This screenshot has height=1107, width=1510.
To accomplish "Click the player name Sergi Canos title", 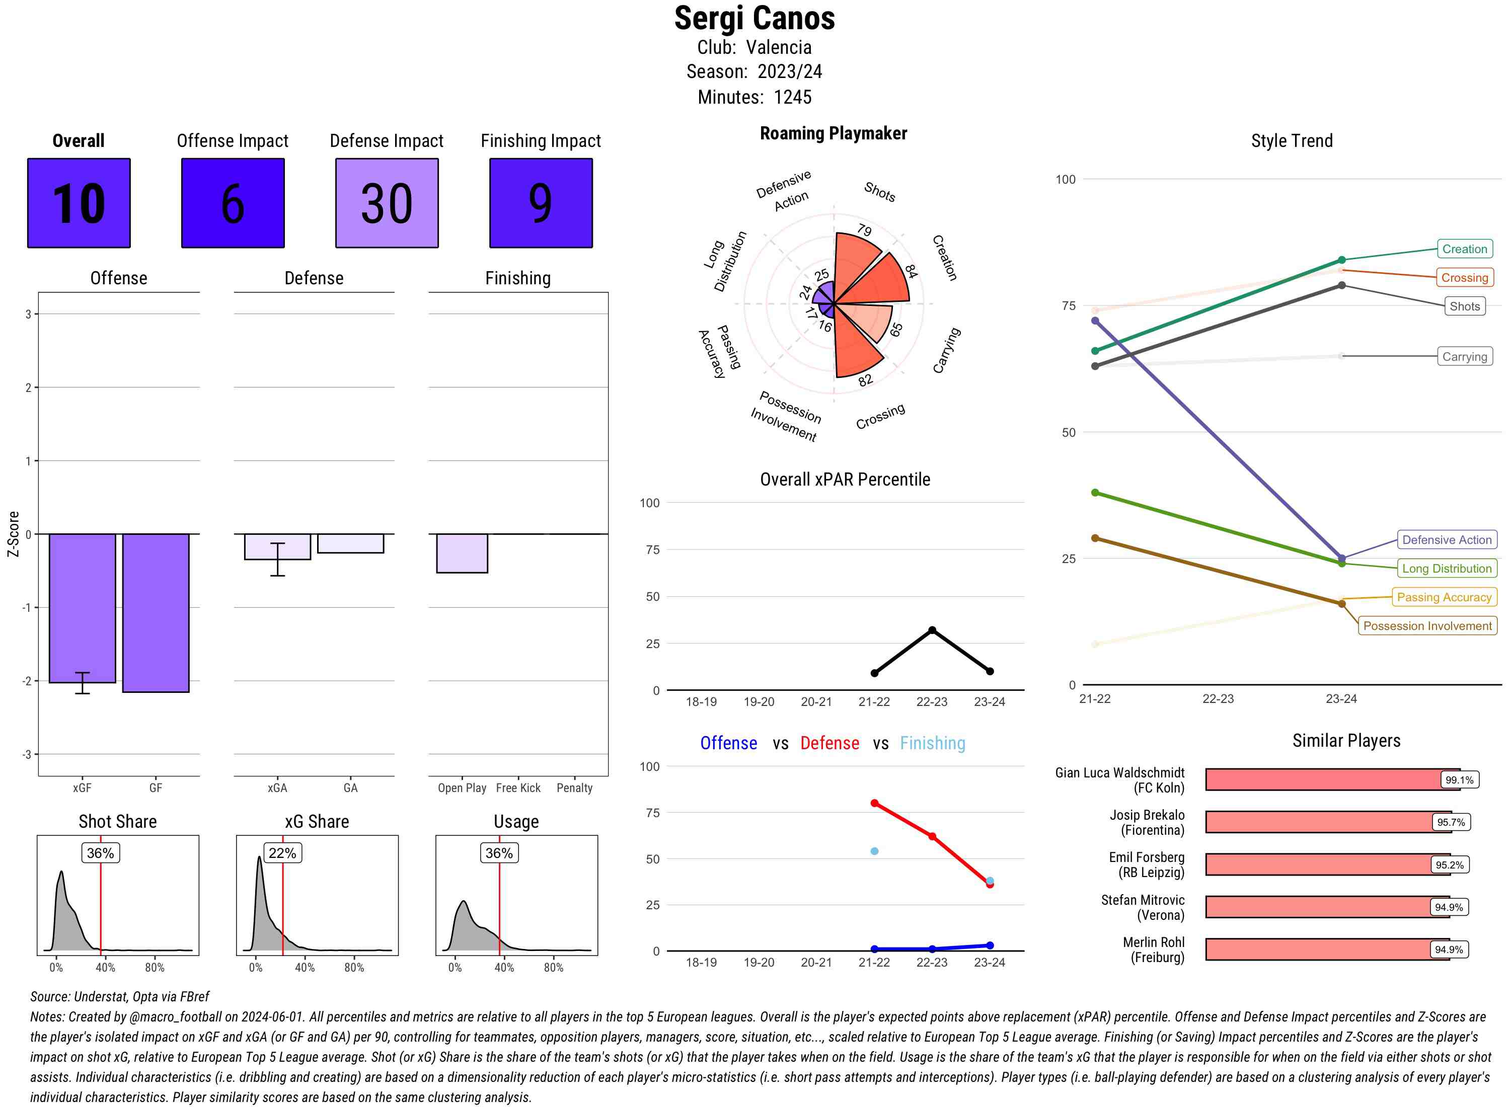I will click(754, 18).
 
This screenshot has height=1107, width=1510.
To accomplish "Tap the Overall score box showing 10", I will click(79, 203).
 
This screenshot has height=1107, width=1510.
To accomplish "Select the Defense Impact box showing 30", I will click(387, 203).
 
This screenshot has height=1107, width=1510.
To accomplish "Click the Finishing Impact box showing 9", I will click(541, 203).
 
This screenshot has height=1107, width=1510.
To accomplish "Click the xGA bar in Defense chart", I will click(277, 546).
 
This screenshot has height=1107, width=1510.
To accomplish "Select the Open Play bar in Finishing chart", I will click(462, 553).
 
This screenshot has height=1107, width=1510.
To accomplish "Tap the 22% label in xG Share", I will click(282, 853).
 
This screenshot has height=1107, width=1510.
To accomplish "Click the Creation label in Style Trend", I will click(1464, 249).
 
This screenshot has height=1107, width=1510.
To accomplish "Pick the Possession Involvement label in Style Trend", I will click(1427, 626).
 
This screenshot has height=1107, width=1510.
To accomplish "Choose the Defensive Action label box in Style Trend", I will click(1447, 539).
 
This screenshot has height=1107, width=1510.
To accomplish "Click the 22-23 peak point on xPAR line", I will click(932, 630).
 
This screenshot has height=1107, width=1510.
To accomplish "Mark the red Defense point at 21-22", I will click(874, 803).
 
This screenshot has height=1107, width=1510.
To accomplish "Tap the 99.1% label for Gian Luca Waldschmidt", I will click(1459, 780).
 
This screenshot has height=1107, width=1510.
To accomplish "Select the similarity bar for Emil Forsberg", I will click(1317, 864).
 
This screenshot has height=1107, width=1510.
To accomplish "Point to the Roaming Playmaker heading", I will click(833, 133).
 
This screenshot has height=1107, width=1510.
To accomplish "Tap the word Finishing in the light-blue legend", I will click(932, 743).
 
